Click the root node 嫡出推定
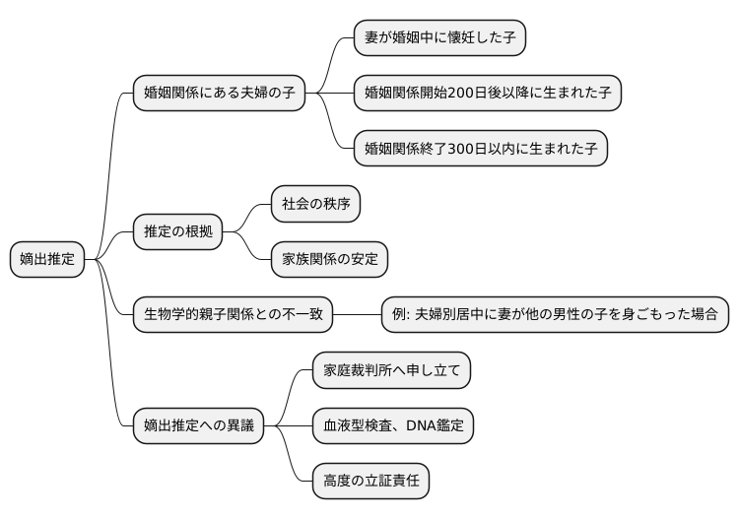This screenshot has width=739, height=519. (47, 260)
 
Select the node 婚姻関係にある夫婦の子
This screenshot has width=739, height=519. (219, 95)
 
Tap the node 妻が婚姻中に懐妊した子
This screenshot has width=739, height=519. (439, 38)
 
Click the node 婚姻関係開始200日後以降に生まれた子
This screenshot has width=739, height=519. (488, 95)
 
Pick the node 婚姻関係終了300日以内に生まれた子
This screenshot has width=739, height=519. (481, 150)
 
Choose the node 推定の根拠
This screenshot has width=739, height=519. (177, 232)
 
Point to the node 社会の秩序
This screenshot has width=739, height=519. (315, 205)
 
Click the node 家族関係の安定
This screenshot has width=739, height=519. (329, 260)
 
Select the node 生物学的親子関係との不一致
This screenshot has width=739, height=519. (233, 315)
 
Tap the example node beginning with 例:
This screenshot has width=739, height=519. (555, 315)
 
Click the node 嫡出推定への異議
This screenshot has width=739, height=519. (198, 425)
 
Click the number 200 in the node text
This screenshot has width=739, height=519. (463, 95)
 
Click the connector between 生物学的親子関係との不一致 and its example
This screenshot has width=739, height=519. (357, 315)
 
